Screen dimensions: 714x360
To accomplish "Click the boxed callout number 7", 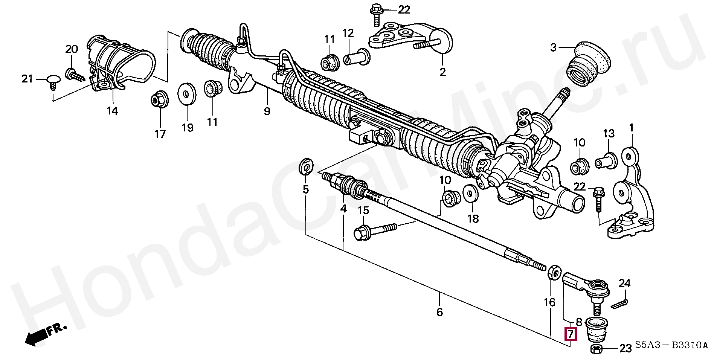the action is click(571, 334).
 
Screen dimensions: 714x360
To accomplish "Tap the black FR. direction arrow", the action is click(40, 336).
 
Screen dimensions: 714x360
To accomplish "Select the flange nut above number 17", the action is click(156, 100).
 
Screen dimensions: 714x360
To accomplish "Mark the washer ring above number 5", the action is click(305, 167).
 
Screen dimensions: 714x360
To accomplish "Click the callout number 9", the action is click(267, 111).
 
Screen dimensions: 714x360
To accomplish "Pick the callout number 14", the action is click(112, 111).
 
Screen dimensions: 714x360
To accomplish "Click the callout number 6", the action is click(439, 312).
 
